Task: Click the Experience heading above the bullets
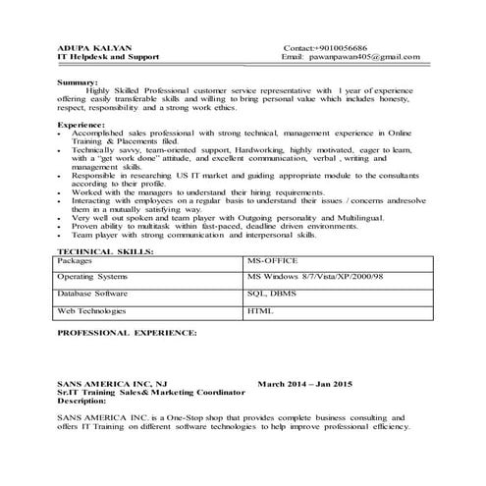pos(84,127)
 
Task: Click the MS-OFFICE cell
pos(271,262)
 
